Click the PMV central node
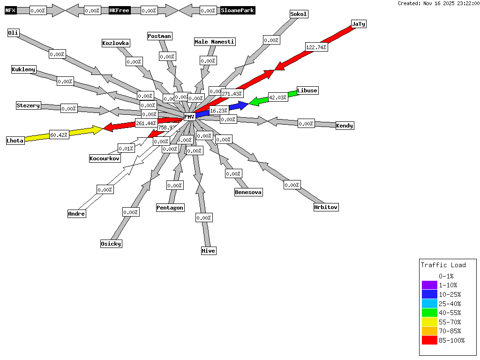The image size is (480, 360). pyautogui.click(x=189, y=117)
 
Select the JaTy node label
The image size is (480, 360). pyautogui.click(x=358, y=24)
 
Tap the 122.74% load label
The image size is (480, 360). pyautogui.click(x=316, y=47)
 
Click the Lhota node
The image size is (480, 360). pyautogui.click(x=15, y=141)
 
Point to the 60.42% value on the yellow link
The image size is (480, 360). pyautogui.click(x=59, y=135)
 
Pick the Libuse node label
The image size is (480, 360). pyautogui.click(x=307, y=90)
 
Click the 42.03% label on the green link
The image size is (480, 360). pyautogui.click(x=278, y=97)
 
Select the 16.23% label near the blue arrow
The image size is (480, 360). pyautogui.click(x=219, y=111)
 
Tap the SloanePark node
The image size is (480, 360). pyautogui.click(x=238, y=10)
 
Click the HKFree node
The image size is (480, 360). pyautogui.click(x=119, y=10)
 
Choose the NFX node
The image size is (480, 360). pyautogui.click(x=10, y=10)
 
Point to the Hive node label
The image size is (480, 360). pyautogui.click(x=209, y=251)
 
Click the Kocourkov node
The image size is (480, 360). pyautogui.click(x=105, y=158)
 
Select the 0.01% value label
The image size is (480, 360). pyautogui.click(x=126, y=149)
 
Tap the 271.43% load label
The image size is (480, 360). pyautogui.click(x=232, y=94)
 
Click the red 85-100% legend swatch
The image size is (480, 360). pyautogui.click(x=429, y=340)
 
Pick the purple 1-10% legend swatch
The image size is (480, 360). pyautogui.click(x=429, y=285)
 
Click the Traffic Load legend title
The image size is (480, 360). pyautogui.click(x=443, y=265)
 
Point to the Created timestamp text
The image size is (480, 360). pyautogui.click(x=438, y=3)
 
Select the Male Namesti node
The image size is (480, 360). pyautogui.click(x=215, y=42)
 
